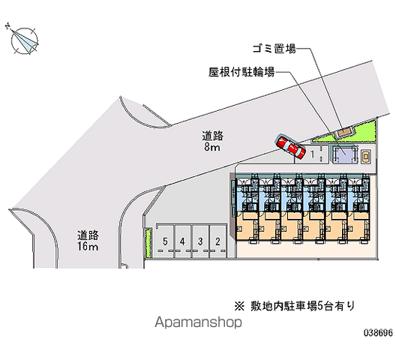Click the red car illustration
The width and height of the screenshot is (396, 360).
(290, 148)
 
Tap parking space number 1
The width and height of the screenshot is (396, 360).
(313, 154)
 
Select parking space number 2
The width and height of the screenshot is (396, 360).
(217, 241)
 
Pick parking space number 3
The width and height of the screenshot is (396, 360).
(200, 241)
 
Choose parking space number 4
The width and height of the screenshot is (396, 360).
(182, 241)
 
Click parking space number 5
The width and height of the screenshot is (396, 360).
(165, 241)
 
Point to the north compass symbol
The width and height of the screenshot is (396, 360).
(23, 40)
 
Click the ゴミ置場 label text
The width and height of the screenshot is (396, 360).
(274, 48)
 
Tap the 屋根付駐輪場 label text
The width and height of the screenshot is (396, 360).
(241, 72)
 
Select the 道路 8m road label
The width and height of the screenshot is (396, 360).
(212, 141)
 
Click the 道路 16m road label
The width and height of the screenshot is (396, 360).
(88, 241)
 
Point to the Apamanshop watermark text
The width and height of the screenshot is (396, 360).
(198, 322)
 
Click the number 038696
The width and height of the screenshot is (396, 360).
(378, 332)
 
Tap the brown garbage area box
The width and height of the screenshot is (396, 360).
(344, 132)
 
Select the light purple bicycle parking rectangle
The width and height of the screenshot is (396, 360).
(345, 154)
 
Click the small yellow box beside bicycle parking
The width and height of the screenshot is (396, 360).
(365, 157)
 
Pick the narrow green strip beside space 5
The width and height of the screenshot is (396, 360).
(148, 243)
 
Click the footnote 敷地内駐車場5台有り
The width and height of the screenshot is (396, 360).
(303, 306)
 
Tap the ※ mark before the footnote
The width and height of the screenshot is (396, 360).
(239, 307)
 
